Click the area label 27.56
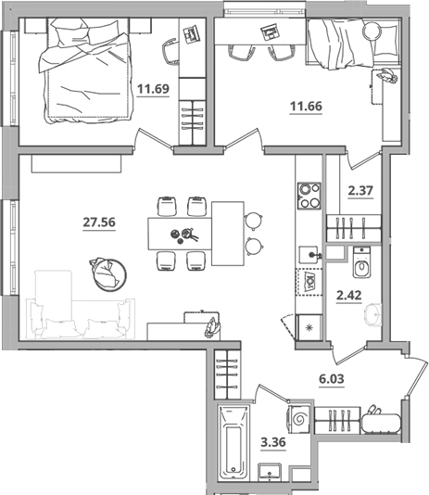99,222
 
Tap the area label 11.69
153,89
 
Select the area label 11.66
306,107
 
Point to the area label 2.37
360,190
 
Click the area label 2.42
349,296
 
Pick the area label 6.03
332,378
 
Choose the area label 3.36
273,442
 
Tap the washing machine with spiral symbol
298,419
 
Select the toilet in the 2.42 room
361,262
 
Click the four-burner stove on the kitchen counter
309,196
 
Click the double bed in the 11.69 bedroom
85,70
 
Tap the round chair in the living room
108,274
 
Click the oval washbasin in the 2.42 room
373,314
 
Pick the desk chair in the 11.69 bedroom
170,52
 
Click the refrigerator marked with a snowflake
309,328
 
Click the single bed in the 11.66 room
353,43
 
